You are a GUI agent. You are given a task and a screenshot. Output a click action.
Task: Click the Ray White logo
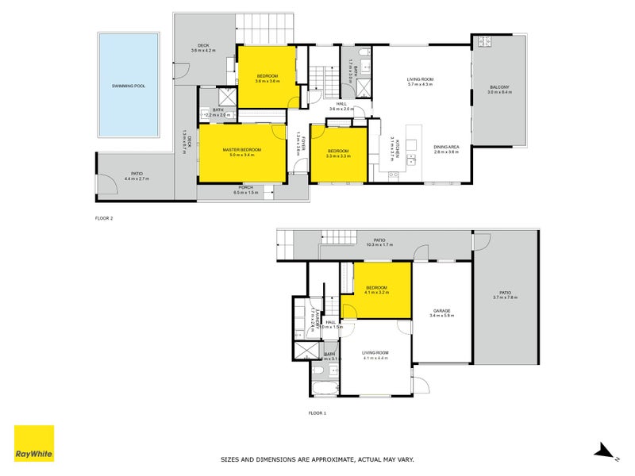tap(34, 444)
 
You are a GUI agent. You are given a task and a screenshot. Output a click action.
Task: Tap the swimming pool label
tap(129, 86)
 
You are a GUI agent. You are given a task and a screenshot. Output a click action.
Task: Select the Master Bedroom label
tap(241, 152)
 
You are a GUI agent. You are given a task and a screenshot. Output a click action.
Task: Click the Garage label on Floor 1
tap(441, 312)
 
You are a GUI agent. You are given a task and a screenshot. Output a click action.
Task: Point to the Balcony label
tap(499, 89)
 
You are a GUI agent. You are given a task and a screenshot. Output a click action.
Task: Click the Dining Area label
tap(446, 148)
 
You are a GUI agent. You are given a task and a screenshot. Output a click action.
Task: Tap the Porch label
tap(247, 190)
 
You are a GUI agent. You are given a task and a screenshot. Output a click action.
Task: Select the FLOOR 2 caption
tap(103, 217)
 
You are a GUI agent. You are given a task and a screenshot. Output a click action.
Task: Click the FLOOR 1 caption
tap(317, 413)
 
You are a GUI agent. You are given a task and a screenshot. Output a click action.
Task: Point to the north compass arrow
tap(606, 451)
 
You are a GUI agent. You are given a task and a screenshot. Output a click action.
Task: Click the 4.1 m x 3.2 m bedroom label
tap(376, 290)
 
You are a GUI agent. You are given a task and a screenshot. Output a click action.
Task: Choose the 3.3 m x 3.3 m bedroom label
tap(338, 153)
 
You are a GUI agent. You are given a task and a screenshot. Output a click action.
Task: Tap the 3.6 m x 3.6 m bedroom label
tap(267, 79)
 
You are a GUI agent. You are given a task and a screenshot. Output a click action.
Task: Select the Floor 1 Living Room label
tap(375, 355)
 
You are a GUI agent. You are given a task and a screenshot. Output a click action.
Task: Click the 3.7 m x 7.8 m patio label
tap(505, 294)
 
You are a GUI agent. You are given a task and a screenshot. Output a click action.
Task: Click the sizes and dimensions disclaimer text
tap(317, 459)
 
